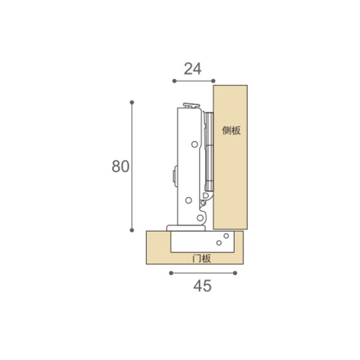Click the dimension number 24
point(193,69)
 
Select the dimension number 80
point(120,166)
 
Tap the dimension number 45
point(202,286)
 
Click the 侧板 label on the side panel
point(231,131)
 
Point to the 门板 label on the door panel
point(202,258)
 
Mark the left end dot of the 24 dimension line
point(174,81)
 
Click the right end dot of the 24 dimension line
point(213,81)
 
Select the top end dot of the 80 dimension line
point(132,102)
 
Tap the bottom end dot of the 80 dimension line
point(132,230)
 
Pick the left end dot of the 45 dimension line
point(171,273)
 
